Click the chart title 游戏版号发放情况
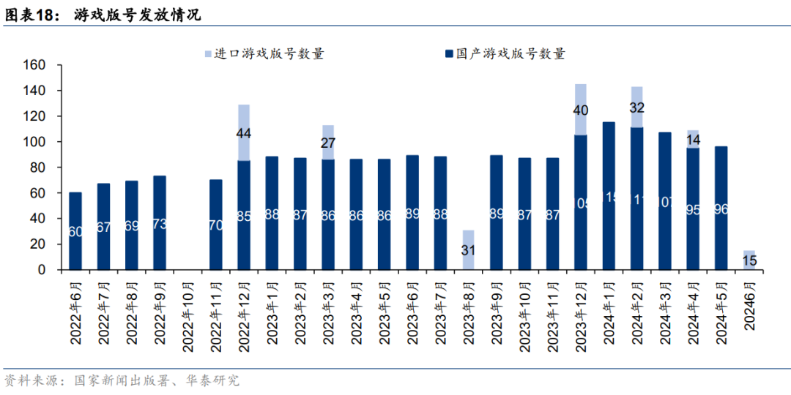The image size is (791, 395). pos(137,15)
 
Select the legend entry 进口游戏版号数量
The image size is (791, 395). pos(264,53)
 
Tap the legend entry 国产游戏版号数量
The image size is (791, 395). pos(505,53)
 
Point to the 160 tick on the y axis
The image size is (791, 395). pos(37,65)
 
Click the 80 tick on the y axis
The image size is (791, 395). pos(40,168)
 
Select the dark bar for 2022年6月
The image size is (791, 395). pos(75,230)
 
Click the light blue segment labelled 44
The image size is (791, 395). pos(244,133)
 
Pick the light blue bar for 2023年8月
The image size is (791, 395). pos(469,250)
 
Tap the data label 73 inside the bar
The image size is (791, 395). pos(160,225)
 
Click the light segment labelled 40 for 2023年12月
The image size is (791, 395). pos(581,110)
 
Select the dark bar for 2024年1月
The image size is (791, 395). pos(609,196)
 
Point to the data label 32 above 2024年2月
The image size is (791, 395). pos(636,108)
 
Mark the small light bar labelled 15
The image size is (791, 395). pos(749,260)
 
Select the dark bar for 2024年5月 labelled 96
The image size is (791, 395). pos(721,208)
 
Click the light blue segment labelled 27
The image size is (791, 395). pos(328,143)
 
